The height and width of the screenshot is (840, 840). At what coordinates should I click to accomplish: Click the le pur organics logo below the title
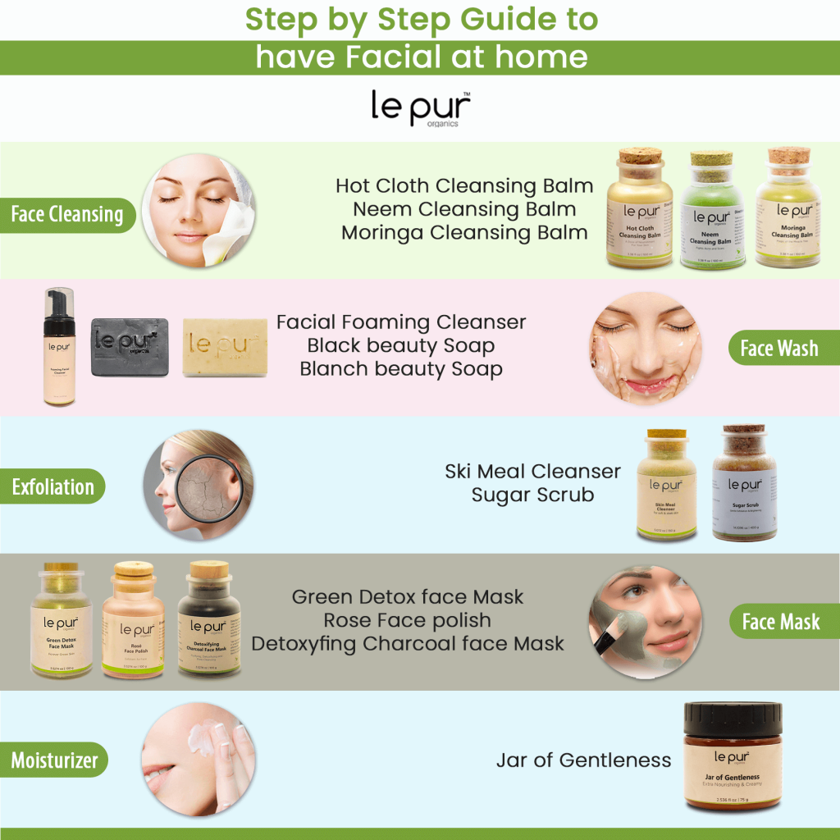[420, 108]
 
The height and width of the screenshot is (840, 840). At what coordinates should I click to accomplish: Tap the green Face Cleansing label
[67, 214]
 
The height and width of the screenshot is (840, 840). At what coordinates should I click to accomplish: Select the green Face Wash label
[779, 349]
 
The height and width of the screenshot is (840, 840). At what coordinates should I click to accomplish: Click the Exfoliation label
[53, 487]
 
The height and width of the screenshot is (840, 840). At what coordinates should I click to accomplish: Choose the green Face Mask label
[781, 622]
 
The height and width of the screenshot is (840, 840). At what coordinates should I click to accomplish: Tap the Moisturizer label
[54, 760]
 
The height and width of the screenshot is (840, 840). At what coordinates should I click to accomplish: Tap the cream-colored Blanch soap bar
[225, 347]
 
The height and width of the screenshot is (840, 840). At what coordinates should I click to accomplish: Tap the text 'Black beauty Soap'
[401, 345]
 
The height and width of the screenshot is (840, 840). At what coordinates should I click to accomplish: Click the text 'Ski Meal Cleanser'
[532, 472]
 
